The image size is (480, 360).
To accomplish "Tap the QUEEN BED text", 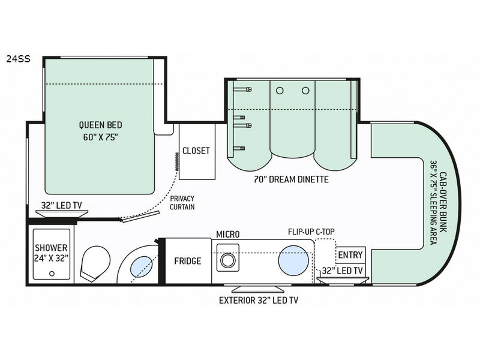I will (x=100, y=125).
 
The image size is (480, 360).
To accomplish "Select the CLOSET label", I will (x=196, y=150).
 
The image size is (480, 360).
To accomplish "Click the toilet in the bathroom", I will (x=97, y=263).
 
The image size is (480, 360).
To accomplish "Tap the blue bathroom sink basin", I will (x=140, y=265).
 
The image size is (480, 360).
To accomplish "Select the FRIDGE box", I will (x=187, y=261).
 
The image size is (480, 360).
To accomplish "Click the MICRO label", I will (x=228, y=233).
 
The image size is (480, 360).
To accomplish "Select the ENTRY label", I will (x=350, y=255).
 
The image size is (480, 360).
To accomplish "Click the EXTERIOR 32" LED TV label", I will (x=259, y=299).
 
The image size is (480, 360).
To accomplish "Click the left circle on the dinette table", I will (x=279, y=90).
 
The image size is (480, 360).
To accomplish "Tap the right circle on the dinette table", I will (x=305, y=90).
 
